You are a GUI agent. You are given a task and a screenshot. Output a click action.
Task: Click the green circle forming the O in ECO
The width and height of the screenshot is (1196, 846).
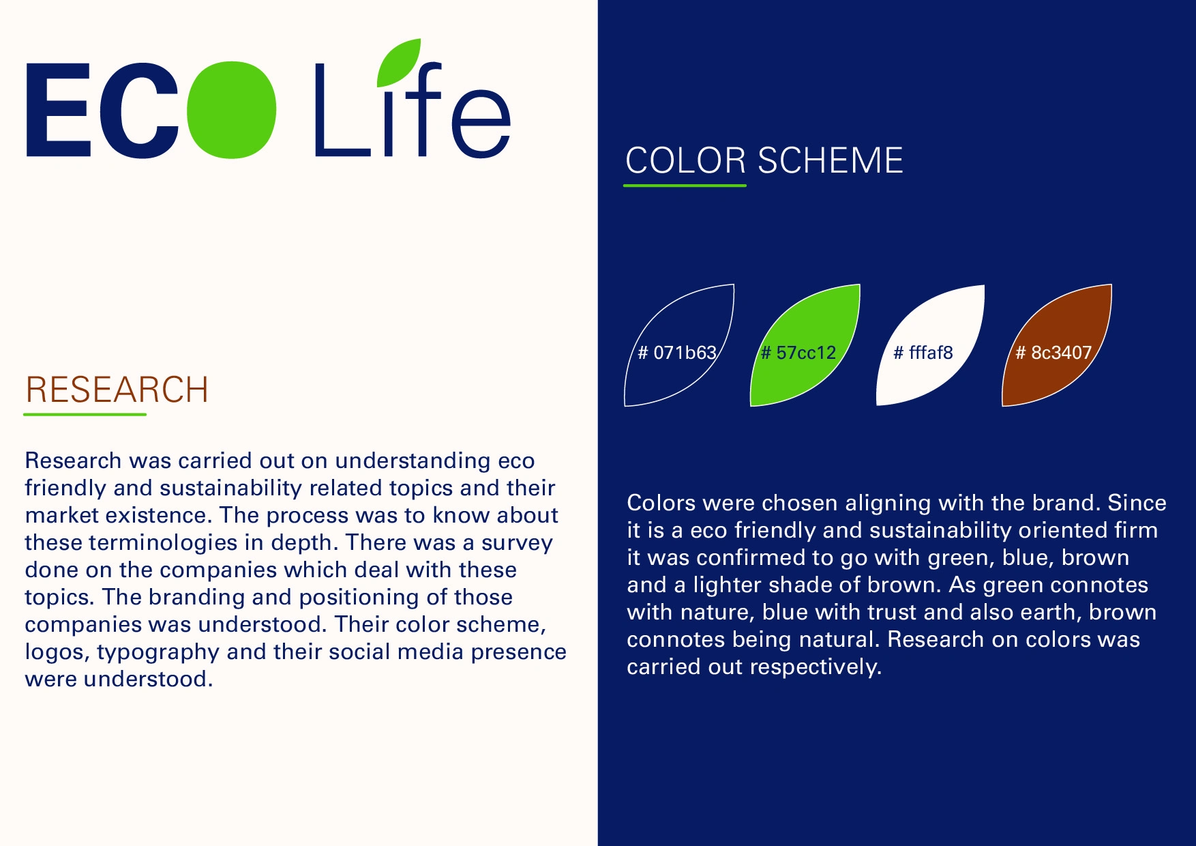pyautogui.click(x=231, y=110)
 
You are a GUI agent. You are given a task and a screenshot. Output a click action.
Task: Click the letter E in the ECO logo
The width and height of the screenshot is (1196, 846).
pyautogui.click(x=59, y=111)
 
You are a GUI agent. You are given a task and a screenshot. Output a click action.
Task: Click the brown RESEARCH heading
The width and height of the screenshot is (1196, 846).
pyautogui.click(x=117, y=390)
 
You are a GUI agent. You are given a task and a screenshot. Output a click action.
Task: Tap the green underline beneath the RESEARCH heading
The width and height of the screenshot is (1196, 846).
pyautogui.click(x=85, y=414)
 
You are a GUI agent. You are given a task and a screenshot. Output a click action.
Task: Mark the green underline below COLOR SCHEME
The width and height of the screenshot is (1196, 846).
pyautogui.click(x=685, y=185)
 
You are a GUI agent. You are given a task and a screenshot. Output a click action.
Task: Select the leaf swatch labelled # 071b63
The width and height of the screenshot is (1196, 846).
pyautogui.click(x=679, y=345)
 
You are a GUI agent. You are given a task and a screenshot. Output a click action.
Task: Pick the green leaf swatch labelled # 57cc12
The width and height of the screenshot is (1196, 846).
pyautogui.click(x=805, y=345)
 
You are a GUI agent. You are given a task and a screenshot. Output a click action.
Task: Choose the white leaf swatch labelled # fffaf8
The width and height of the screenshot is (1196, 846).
pyautogui.click(x=931, y=345)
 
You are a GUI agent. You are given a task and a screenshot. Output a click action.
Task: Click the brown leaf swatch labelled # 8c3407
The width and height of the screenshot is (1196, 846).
pyautogui.click(x=1057, y=345)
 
